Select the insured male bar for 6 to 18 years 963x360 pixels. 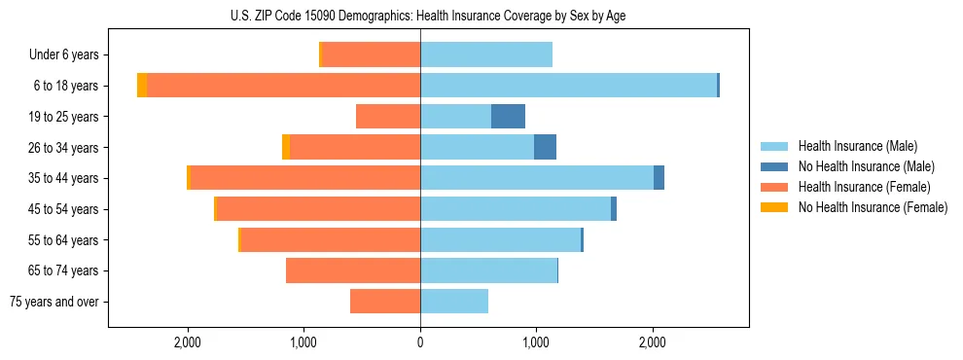click(568, 86)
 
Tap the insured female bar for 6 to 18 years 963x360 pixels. click(283, 86)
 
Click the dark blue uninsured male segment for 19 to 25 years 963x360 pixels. click(508, 117)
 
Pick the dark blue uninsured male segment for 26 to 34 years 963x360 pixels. click(545, 147)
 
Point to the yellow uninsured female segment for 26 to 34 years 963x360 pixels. click(286, 147)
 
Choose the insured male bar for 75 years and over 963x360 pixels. click(454, 302)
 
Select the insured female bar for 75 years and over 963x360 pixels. click(385, 302)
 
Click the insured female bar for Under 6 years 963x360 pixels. click(371, 54)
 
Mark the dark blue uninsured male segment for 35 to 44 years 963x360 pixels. click(659, 178)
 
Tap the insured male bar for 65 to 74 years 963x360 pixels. click(488, 270)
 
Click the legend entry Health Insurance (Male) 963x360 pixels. click(857, 146)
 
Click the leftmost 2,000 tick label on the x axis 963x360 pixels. click(187, 342)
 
